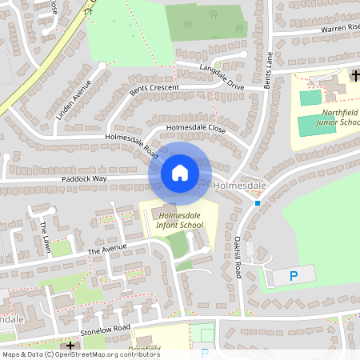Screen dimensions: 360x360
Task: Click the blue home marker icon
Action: [180, 172]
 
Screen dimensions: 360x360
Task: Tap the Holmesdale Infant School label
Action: [181, 221]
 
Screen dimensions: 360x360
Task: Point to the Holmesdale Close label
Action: [195, 128]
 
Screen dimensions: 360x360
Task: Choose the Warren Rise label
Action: [339, 27]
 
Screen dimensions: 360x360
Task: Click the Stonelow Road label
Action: [105, 330]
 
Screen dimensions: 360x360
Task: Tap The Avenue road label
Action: [107, 250]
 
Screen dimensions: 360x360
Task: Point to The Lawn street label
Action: [45, 238]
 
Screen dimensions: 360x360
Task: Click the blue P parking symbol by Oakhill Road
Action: [293, 275]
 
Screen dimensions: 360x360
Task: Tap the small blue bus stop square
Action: [258, 203]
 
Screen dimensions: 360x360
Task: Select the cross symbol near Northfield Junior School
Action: [355, 75]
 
